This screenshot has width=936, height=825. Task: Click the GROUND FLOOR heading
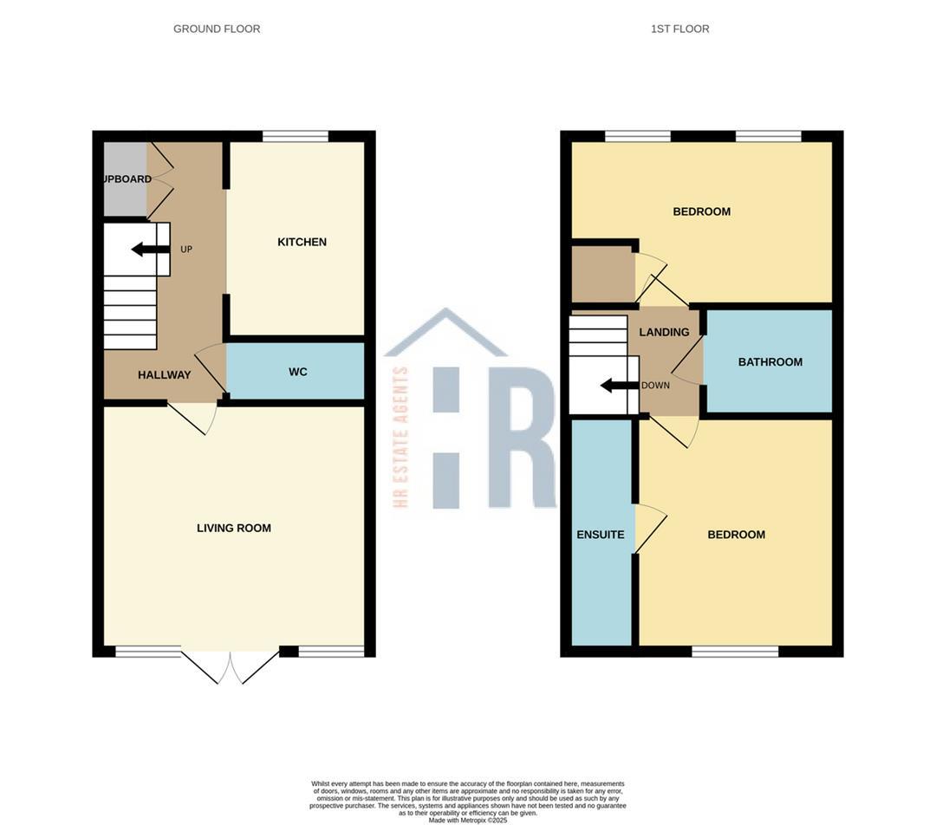click(x=217, y=29)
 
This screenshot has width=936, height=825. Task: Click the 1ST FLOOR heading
click(x=679, y=29)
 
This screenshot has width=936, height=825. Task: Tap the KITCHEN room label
click(x=302, y=242)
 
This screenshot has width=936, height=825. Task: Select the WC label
click(x=297, y=372)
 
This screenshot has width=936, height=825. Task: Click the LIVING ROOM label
click(x=233, y=528)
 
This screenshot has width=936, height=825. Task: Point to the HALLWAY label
click(x=164, y=375)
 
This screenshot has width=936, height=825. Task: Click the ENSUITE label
click(x=601, y=535)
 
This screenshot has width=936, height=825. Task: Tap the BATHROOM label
click(x=770, y=362)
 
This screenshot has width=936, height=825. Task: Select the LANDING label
click(x=664, y=332)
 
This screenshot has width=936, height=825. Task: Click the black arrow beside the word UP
click(x=150, y=250)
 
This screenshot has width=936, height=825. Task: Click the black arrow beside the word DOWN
click(x=619, y=386)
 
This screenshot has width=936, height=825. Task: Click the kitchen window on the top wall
click(x=296, y=136)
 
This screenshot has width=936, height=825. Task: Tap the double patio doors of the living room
click(x=231, y=666)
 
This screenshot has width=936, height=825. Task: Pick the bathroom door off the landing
click(x=688, y=361)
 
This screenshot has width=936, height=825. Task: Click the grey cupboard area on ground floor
click(x=125, y=179)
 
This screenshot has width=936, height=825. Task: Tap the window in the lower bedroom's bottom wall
click(x=735, y=652)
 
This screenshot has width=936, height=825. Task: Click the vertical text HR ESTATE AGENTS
click(x=400, y=437)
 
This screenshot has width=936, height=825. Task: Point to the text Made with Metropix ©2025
click(x=468, y=820)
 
